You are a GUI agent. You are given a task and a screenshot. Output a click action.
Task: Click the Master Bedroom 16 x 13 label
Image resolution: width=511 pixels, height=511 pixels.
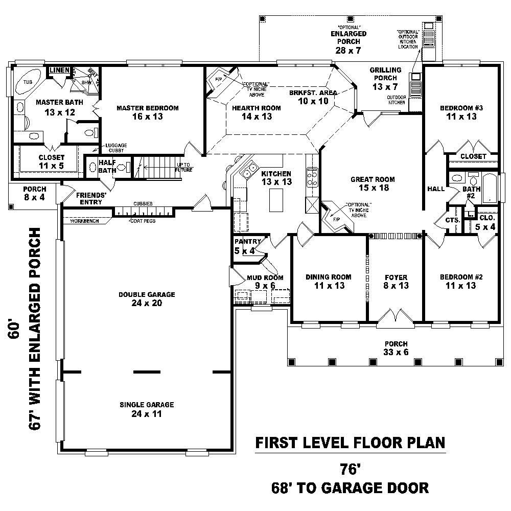point(147,112)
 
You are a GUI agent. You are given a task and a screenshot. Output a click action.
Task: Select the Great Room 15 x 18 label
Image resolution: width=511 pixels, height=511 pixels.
point(373,183)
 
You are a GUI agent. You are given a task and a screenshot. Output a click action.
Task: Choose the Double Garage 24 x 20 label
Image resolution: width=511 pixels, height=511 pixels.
point(147,299)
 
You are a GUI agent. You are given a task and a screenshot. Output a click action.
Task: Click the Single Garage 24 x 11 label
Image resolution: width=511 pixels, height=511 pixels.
point(147,409)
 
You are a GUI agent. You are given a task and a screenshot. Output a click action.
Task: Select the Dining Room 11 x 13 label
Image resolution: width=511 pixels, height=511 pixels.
point(329,281)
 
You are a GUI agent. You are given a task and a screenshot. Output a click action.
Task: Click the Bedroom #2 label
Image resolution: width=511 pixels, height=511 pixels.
point(461,281)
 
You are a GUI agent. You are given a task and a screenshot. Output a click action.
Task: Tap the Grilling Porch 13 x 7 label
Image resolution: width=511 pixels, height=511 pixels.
point(386,78)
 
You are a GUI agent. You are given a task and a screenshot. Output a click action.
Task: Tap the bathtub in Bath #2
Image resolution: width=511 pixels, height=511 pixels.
point(490,188)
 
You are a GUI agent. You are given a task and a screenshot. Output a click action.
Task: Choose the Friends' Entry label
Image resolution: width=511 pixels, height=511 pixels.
point(91,198)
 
